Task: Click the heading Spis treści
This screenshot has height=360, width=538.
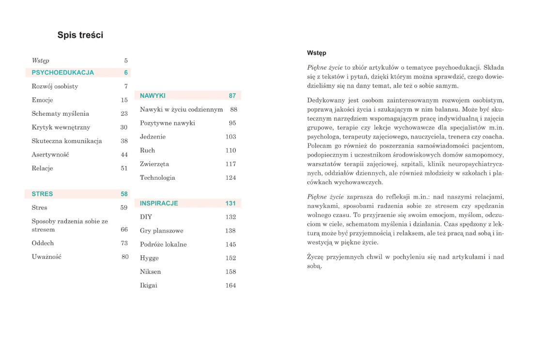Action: coord(80,35)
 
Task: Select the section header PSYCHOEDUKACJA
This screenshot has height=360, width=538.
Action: coord(62,73)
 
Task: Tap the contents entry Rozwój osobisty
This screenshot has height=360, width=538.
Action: coord(55,86)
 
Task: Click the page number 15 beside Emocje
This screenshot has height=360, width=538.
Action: coord(124,100)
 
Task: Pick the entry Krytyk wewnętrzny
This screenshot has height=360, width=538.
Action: coord(61,127)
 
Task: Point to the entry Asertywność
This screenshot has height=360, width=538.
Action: coord(50,155)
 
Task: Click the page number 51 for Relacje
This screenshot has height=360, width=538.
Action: coord(124,168)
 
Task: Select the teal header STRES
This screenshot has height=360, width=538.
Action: coord(42,194)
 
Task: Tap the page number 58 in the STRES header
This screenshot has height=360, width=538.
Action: coord(124,194)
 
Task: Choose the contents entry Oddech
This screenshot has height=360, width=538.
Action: coord(43,243)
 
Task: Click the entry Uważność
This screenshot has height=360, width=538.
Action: coord(46,257)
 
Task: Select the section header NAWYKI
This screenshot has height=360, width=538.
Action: coord(153,96)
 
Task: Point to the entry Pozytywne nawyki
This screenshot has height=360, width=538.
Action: coord(168,123)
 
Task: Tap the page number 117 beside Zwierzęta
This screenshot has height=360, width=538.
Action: coord(231,164)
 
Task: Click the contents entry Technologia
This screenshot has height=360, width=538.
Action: coord(157,178)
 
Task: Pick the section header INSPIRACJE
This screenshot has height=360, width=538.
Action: coord(159,203)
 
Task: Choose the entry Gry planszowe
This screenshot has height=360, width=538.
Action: coord(162,231)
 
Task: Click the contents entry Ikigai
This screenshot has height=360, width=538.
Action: coord(149,285)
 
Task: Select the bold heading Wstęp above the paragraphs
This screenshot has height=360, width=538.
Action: coord(317,53)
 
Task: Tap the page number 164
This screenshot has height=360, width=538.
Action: coord(231,285)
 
